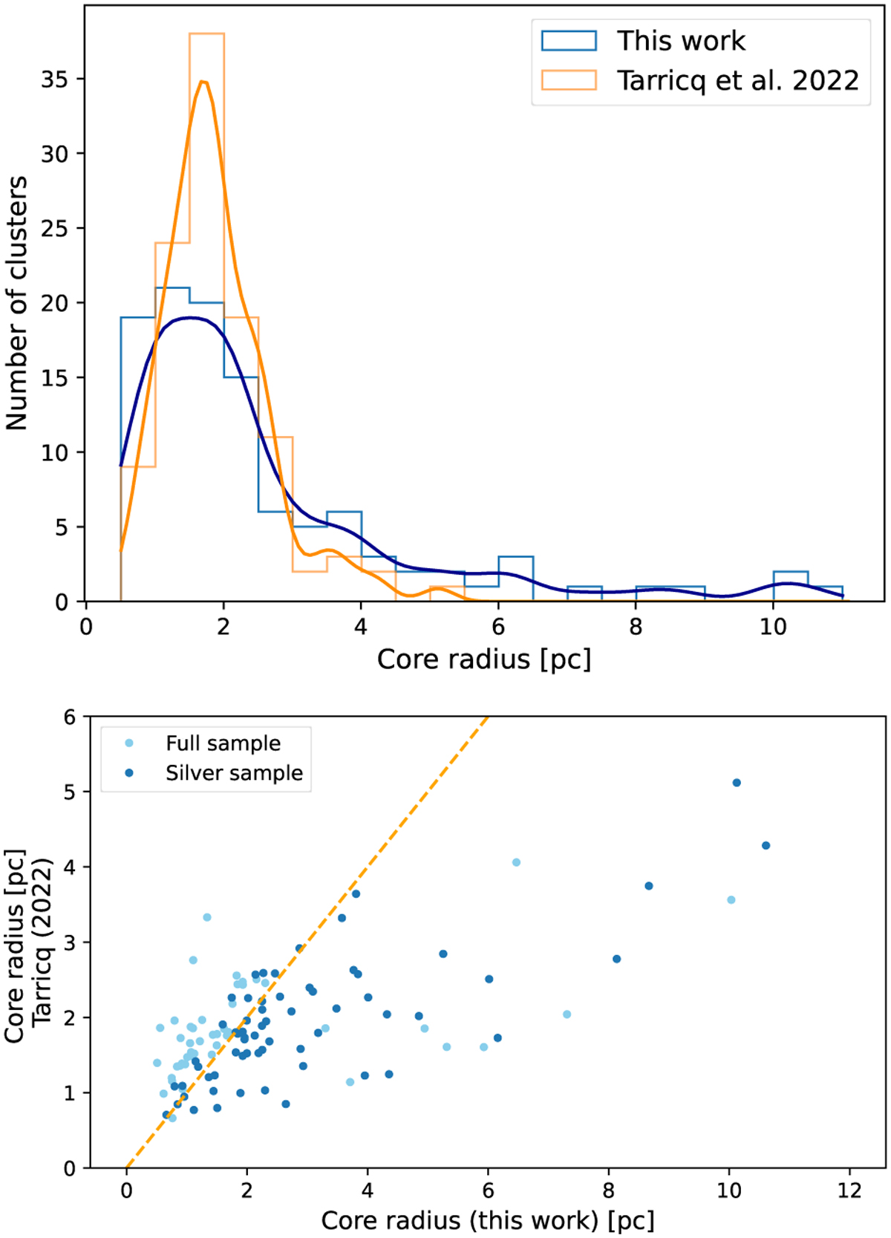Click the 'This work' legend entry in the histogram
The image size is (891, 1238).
(x=680, y=41)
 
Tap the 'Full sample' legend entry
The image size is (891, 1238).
(x=223, y=743)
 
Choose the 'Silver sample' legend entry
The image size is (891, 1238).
(x=234, y=773)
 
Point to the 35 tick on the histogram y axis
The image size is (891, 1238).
(x=54, y=79)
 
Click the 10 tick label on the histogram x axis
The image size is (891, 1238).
(x=773, y=627)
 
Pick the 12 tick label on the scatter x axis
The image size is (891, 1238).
(x=849, y=1190)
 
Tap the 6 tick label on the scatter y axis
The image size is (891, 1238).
(x=69, y=717)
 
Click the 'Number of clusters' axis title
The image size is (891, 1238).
(x=16, y=303)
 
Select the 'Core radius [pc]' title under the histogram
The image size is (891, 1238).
(x=484, y=659)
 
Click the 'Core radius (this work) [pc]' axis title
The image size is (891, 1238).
(x=488, y=1220)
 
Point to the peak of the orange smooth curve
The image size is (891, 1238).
(x=203, y=82)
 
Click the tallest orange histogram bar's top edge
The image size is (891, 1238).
(x=206, y=34)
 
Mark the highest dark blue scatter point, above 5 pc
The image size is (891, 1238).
(x=737, y=783)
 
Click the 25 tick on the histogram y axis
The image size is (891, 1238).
(x=54, y=229)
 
